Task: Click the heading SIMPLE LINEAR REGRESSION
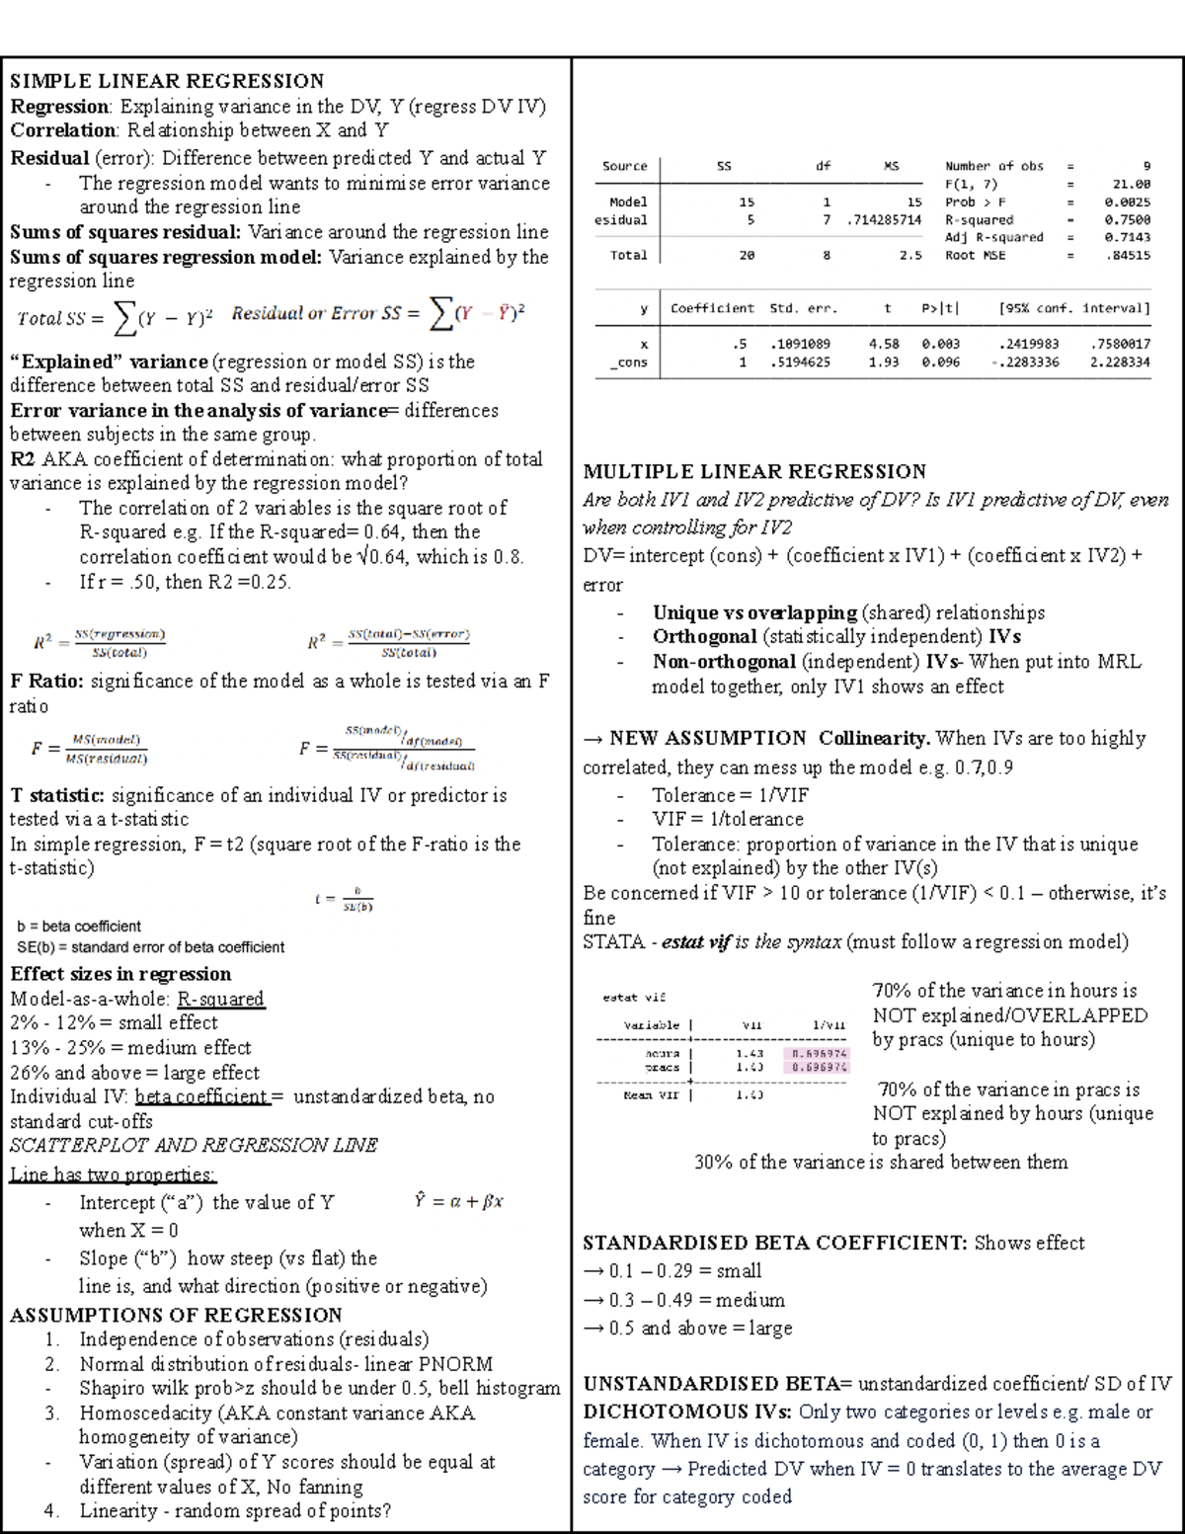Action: click(x=167, y=81)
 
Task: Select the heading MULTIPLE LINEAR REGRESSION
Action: click(x=754, y=471)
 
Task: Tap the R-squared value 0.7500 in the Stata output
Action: click(x=1127, y=220)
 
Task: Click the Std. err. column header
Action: click(x=803, y=308)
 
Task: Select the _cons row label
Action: click(x=628, y=363)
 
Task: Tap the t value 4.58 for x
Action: click(x=884, y=344)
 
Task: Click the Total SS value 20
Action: click(x=747, y=255)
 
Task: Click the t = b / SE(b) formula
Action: click(x=344, y=899)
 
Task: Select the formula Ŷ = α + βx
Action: click(x=459, y=1202)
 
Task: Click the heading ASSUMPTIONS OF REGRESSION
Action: click(x=176, y=1315)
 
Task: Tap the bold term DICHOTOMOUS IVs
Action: click(x=687, y=1412)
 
